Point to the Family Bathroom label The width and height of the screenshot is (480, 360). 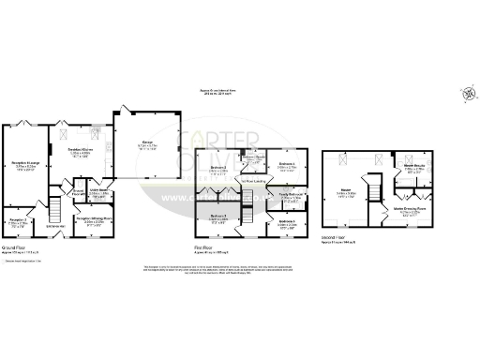[x=292, y=197]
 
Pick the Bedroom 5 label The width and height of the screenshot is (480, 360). [x=287, y=223]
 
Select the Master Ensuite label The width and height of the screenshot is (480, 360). [x=415, y=170]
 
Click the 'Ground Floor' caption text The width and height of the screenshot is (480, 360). [x=17, y=249]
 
